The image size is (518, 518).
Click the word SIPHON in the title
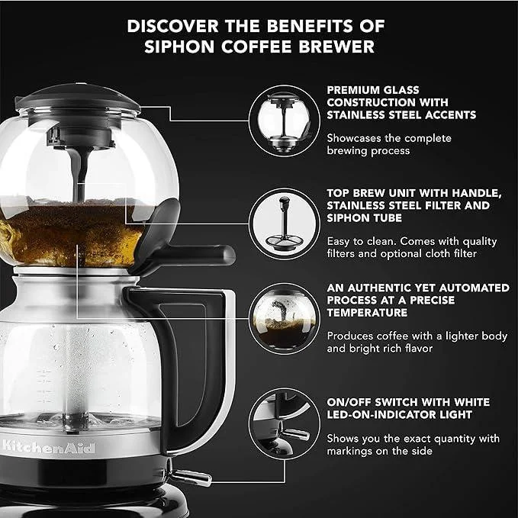tap(179, 47)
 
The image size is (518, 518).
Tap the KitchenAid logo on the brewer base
tap(49, 447)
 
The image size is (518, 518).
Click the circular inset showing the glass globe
tap(284, 121)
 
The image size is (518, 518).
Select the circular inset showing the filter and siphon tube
tap(284, 224)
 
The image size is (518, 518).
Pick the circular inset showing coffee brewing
tap(284, 319)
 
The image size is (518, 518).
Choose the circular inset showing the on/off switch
tap(284, 423)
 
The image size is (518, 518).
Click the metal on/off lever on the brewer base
tap(191, 477)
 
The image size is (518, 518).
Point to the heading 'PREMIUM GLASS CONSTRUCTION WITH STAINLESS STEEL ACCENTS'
tap(401, 102)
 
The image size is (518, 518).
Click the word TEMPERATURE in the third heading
tap(367, 313)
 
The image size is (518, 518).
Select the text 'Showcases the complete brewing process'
tap(389, 144)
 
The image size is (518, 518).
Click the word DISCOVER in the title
tap(172, 26)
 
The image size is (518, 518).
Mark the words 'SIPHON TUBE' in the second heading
tap(364, 218)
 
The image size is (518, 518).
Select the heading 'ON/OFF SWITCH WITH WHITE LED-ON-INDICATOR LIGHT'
tap(408, 408)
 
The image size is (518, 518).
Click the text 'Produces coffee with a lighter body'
tap(417, 336)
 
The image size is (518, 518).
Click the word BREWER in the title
tap(336, 47)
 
